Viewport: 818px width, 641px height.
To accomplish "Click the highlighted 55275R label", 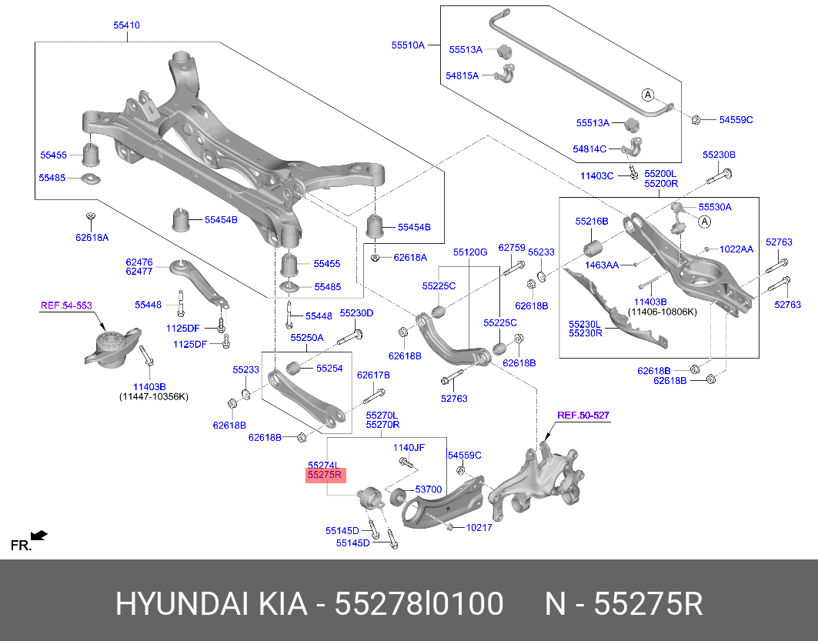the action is tap(326, 475).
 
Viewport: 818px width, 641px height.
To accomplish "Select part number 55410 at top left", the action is tap(127, 25).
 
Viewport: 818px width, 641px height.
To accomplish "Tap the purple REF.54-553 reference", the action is tap(66, 305).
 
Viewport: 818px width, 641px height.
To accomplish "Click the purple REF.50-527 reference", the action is tap(583, 416).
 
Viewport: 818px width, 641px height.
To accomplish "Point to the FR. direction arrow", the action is tap(39, 536).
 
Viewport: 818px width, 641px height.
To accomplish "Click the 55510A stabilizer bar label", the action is tap(409, 45).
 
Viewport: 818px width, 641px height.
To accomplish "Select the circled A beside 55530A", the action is tap(705, 222).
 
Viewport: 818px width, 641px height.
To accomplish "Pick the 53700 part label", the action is tap(429, 489).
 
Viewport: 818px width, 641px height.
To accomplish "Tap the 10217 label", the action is tap(479, 527).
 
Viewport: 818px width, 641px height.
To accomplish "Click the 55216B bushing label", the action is tap(592, 221).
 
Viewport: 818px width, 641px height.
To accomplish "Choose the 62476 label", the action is tap(139, 262).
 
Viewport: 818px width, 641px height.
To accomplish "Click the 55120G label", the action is tap(470, 252).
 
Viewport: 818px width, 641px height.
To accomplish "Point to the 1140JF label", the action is tap(409, 448).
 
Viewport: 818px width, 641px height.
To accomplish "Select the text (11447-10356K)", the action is tap(154, 396).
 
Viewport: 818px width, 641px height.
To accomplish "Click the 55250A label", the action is tap(307, 338).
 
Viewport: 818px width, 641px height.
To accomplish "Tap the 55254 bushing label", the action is tap(329, 369).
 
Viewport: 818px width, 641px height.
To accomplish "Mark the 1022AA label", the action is tap(736, 249).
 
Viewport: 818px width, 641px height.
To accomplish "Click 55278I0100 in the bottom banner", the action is tap(419, 604).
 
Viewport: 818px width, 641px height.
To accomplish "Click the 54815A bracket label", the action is tap(462, 75).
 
